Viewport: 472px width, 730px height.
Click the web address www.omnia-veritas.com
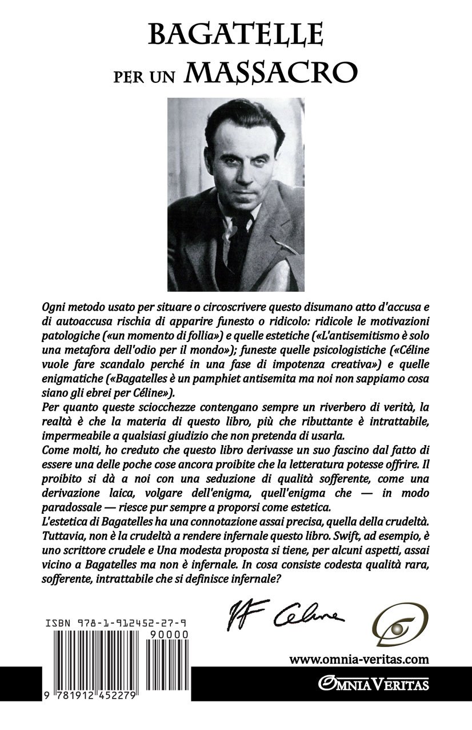coord(359,659)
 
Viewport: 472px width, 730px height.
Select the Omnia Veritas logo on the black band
coord(374,683)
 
